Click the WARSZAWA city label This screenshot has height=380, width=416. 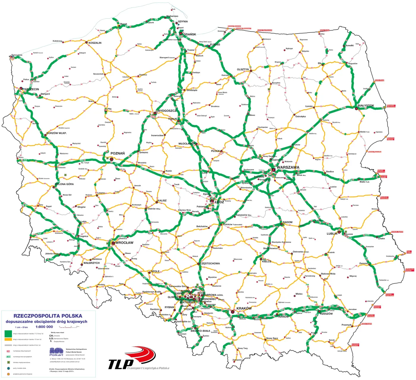(x=288, y=167)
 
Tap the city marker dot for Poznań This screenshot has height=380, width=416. (x=112, y=159)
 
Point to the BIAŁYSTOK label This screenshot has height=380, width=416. (x=365, y=106)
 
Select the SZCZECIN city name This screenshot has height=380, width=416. (x=31, y=89)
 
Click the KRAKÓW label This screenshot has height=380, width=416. (x=244, y=309)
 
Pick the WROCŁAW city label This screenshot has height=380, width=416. (x=124, y=243)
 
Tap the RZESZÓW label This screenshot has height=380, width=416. (x=326, y=314)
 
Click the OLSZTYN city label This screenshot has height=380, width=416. (x=243, y=69)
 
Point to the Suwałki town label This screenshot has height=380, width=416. (x=349, y=46)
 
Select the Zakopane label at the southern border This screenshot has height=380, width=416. (x=237, y=360)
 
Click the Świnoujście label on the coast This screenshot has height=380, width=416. (x=17, y=55)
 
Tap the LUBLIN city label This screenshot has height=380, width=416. (x=332, y=233)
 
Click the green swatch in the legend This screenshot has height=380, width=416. (x=8, y=333)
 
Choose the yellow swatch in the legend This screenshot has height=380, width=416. (x=8, y=339)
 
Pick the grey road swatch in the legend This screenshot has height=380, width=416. (x=8, y=345)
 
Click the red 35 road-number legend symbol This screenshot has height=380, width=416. (x=8, y=351)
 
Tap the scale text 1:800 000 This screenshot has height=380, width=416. (x=44, y=327)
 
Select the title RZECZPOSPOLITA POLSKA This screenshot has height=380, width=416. (x=48, y=316)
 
